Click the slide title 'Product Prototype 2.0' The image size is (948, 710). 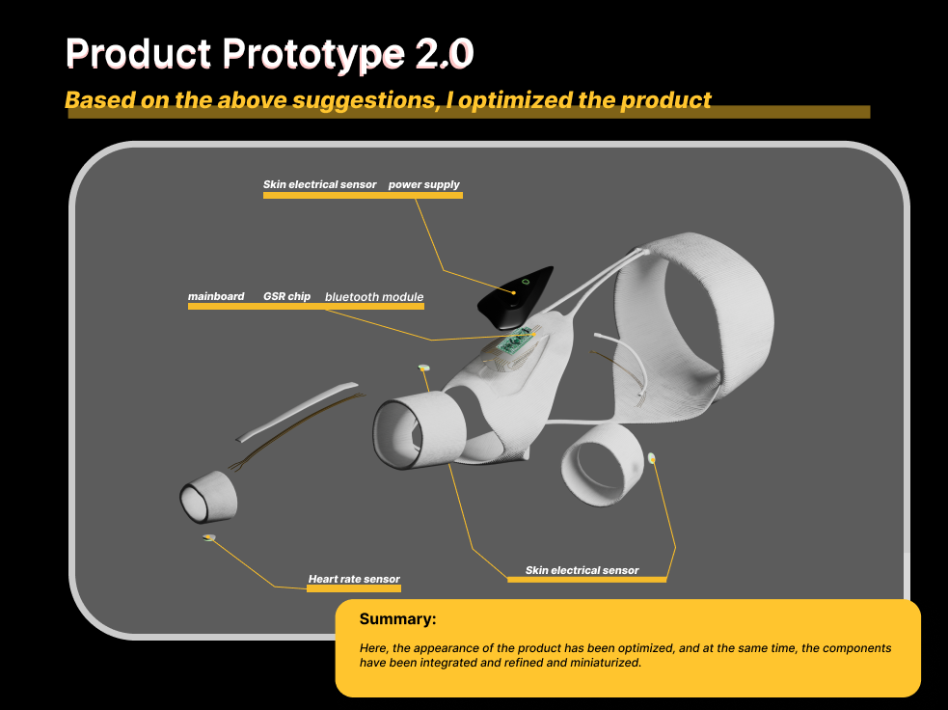coord(269,54)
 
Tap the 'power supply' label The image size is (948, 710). coord(423,184)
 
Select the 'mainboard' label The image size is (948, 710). coord(216,296)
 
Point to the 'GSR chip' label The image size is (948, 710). coord(286,296)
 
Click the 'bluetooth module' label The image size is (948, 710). coord(374,297)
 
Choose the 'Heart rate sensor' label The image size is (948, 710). coord(354,579)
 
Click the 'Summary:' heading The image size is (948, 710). coord(398,618)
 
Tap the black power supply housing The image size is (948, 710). coord(515,296)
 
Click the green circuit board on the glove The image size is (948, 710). coord(516,342)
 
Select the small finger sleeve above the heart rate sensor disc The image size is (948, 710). coord(208,497)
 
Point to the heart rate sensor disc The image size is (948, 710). coord(209,537)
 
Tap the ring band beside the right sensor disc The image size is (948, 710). coord(602,464)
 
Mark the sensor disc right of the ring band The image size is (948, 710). coord(652,458)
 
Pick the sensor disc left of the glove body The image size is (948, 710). coord(423,368)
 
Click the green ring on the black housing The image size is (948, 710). coord(526,282)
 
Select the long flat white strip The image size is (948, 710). coord(296,411)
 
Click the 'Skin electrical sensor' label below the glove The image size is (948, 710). coord(582,570)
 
